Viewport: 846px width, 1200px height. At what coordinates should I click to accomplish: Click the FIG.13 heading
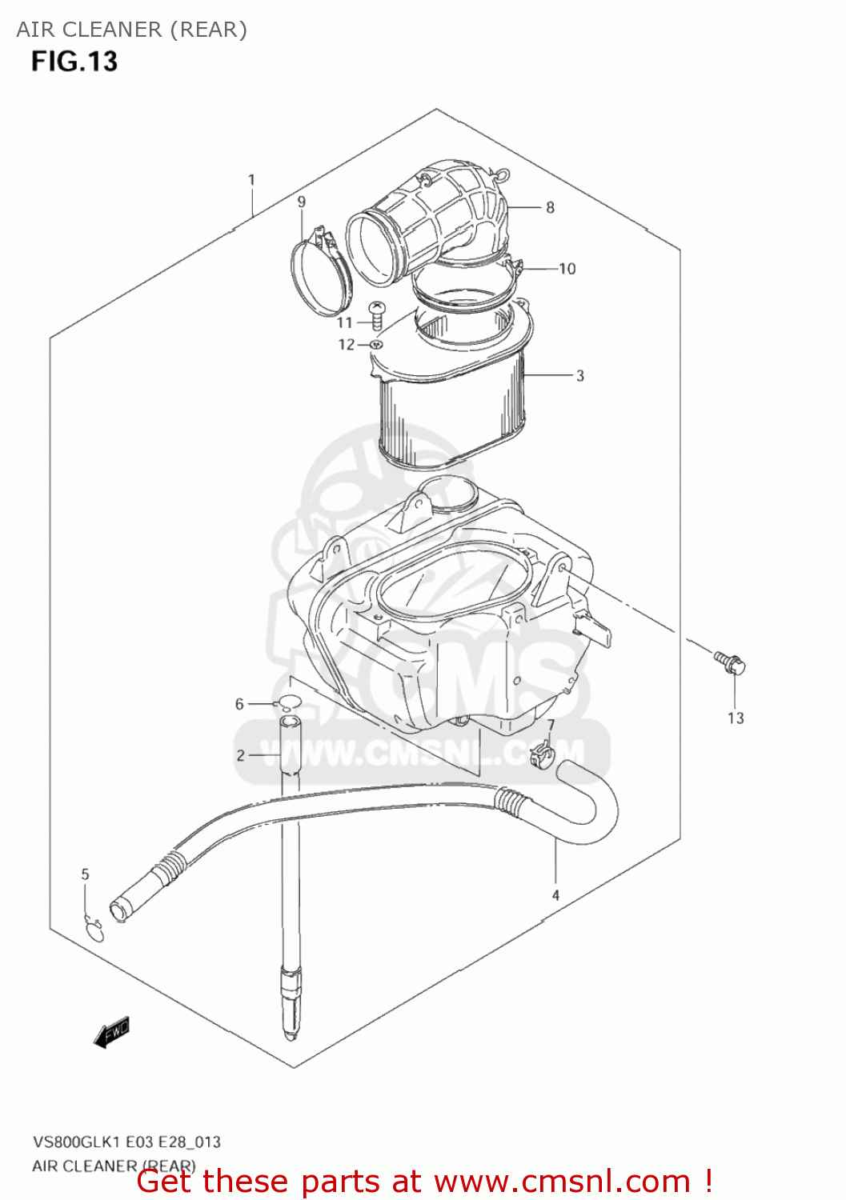click(74, 62)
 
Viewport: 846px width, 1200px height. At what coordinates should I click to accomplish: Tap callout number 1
click(251, 180)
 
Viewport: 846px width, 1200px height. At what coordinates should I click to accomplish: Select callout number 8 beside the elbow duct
click(550, 207)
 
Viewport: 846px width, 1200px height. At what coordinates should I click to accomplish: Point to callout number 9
click(301, 202)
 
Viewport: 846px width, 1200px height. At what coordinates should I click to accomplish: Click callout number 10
click(567, 269)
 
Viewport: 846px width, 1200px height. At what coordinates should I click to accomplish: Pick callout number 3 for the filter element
click(579, 375)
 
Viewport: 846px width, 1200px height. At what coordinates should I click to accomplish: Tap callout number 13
click(736, 718)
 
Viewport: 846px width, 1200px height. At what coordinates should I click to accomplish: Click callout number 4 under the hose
click(555, 895)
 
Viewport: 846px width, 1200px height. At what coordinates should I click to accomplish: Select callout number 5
click(86, 874)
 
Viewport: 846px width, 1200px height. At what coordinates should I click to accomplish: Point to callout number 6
click(239, 704)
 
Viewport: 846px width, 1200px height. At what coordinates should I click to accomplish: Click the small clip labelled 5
click(94, 930)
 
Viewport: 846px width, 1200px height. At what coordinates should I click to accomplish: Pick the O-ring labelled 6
click(287, 704)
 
